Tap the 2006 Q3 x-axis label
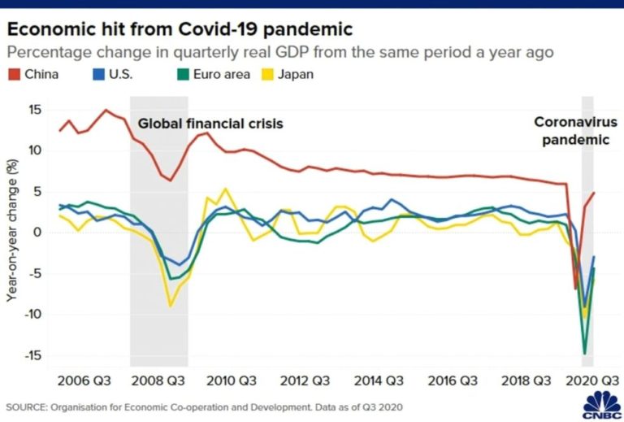[84, 380]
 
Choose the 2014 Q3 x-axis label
[376, 380]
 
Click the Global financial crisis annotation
[213, 124]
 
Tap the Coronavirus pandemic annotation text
[575, 131]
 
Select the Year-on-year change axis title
[11, 233]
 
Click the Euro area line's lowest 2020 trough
[584, 353]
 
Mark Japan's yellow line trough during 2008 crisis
[171, 306]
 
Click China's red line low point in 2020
[575, 288]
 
